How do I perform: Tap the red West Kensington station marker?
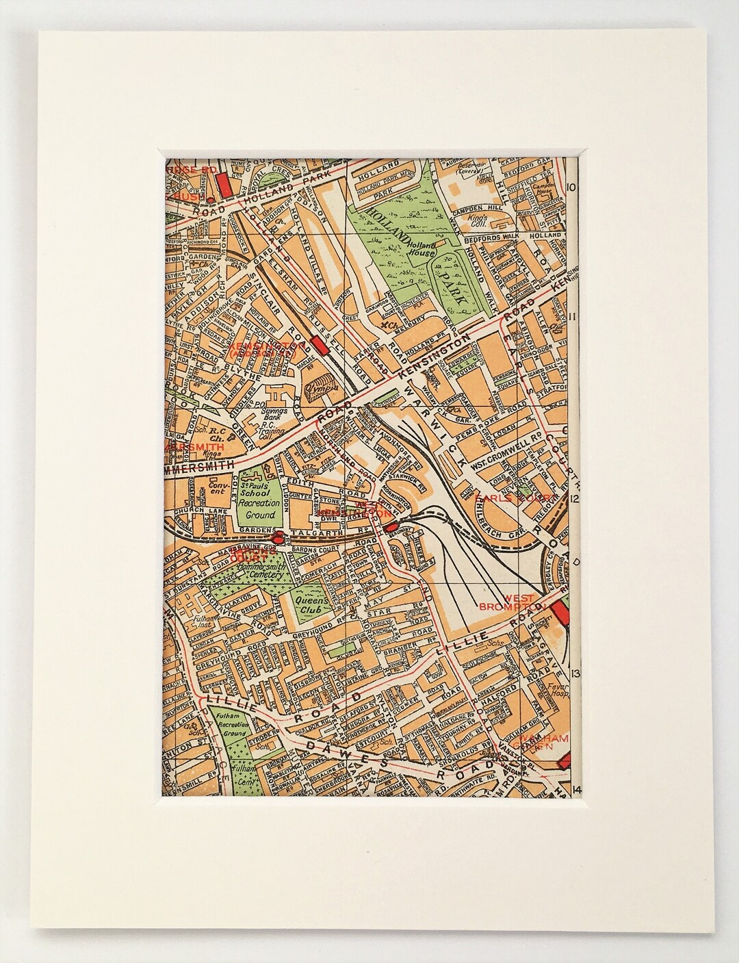click(390, 528)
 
